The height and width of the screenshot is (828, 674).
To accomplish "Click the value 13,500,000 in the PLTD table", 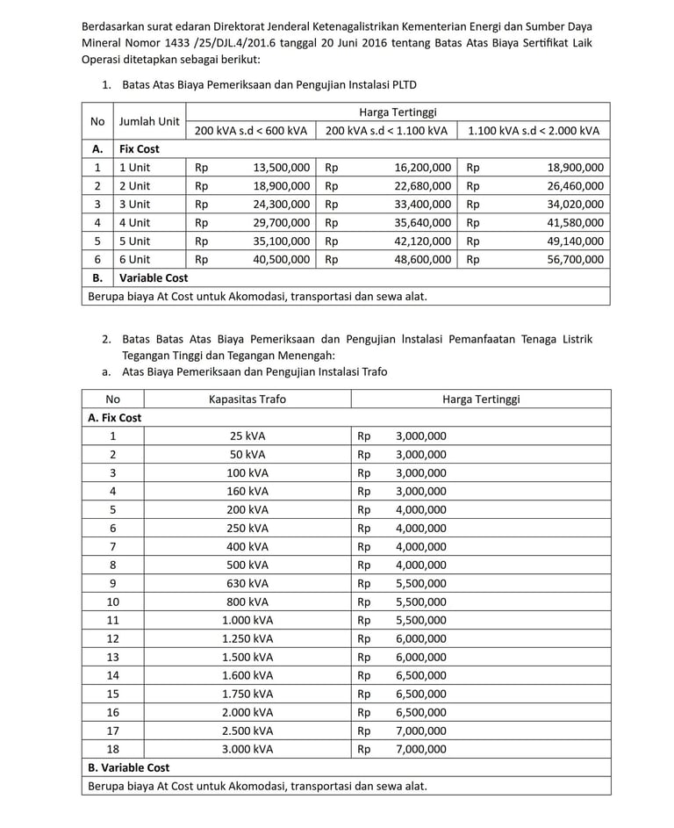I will [281, 167].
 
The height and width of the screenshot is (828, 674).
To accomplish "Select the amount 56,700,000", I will [575, 259].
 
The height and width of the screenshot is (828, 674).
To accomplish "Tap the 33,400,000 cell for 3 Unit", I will [423, 204].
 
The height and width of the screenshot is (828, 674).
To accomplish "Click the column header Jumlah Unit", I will [150, 121].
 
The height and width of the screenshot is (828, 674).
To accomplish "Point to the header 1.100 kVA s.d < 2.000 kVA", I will [534, 131].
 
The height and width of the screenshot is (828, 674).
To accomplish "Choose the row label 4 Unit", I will [135, 222].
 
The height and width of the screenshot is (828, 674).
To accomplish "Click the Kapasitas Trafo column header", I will [247, 399].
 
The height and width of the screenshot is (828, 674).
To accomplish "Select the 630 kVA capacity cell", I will [247, 583].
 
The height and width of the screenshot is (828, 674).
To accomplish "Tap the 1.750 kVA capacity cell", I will [247, 694].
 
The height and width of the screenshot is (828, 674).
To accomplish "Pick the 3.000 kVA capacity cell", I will [247, 749].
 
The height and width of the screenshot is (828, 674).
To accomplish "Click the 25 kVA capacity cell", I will [247, 436].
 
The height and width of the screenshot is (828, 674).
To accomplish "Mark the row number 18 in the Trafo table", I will [112, 749].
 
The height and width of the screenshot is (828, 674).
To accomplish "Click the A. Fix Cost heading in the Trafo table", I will [115, 417].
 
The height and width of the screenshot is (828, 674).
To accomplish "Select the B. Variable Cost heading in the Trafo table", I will [129, 767].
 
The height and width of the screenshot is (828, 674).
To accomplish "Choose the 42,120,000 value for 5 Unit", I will [423, 241].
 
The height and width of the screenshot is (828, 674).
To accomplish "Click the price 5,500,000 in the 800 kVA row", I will [421, 601].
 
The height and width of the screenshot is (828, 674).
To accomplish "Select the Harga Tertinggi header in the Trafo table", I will [481, 399].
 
